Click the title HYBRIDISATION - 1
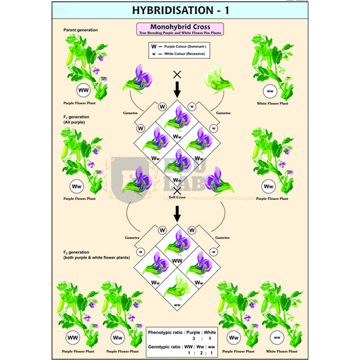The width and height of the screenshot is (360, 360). [x=179, y=10]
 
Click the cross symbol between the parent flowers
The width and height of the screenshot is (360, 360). [x=177, y=74]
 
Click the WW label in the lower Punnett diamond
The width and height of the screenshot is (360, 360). [x=178, y=262]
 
